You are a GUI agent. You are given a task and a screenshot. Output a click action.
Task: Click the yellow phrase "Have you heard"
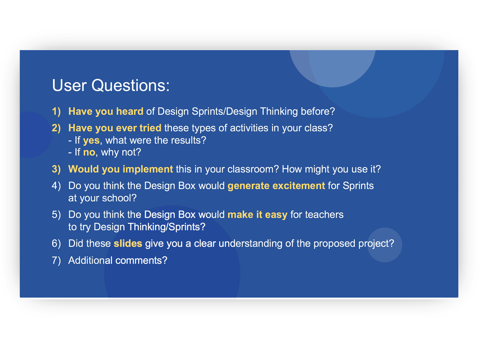click(x=106, y=111)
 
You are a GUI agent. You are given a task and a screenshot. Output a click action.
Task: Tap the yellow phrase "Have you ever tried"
click(x=115, y=128)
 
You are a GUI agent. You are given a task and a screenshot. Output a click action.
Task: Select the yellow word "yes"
click(x=91, y=140)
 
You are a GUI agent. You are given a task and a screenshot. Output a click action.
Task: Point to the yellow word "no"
click(x=89, y=152)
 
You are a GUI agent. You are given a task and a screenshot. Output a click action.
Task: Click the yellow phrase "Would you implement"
click(x=121, y=169)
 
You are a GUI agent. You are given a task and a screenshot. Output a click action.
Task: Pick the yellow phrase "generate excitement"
click(x=276, y=186)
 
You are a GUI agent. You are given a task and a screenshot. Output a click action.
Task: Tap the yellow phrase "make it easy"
click(x=257, y=214)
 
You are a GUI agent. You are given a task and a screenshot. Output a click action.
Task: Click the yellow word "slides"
click(x=128, y=243)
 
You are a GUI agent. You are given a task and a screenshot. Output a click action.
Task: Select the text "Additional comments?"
click(x=118, y=260)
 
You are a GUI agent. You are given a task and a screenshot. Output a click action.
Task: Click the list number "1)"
click(x=56, y=111)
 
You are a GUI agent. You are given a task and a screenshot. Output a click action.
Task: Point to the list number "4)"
click(x=56, y=186)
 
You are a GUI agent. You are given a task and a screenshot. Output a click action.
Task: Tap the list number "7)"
click(x=56, y=260)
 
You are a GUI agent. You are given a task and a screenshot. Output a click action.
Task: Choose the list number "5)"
click(x=56, y=214)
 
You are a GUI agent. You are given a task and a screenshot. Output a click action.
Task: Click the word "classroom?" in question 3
click(x=253, y=169)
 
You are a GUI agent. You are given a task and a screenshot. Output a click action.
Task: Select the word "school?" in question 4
click(x=119, y=198)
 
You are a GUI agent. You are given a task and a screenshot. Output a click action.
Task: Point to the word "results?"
click(x=188, y=140)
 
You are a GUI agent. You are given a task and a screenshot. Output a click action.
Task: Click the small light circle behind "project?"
click(x=384, y=245)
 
